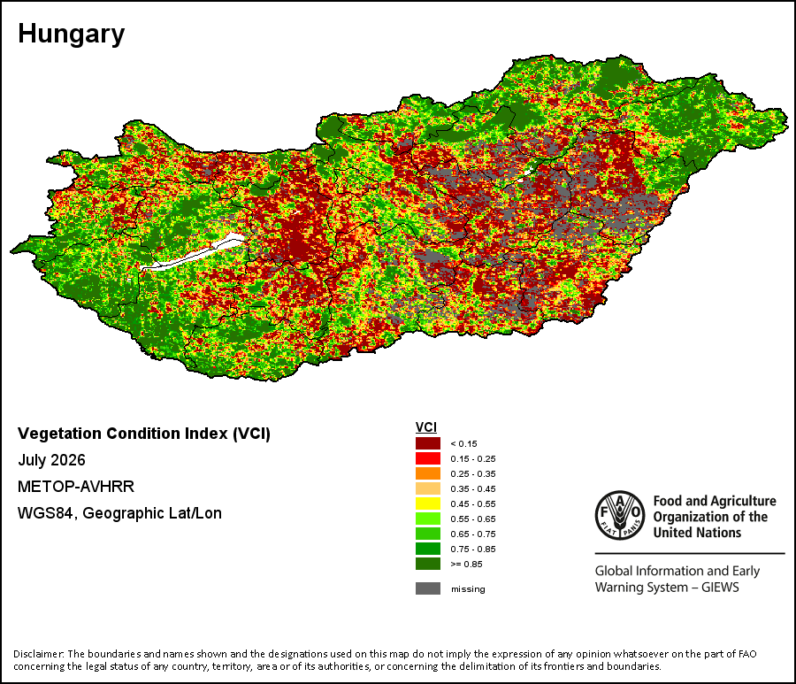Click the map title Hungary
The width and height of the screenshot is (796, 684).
click(x=71, y=35)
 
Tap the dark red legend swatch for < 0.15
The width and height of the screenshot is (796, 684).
click(x=428, y=443)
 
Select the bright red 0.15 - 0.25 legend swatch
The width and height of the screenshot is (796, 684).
click(x=428, y=458)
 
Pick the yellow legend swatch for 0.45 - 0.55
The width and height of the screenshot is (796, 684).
click(x=428, y=503)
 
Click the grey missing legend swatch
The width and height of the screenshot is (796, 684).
click(x=428, y=588)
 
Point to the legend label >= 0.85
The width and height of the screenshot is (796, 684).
click(x=466, y=565)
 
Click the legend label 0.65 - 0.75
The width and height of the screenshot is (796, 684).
click(x=473, y=534)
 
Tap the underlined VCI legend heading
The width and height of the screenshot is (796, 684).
click(x=426, y=427)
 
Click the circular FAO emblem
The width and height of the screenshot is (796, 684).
click(x=620, y=515)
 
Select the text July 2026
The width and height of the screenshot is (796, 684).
click(x=51, y=460)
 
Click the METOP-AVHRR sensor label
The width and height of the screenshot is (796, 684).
click(x=76, y=487)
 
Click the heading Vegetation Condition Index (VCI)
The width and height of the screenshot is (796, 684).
click(x=144, y=434)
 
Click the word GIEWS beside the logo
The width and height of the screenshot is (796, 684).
click(x=720, y=588)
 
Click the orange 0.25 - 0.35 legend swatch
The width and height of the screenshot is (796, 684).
click(x=428, y=473)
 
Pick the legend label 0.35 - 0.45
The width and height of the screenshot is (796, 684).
click(x=473, y=489)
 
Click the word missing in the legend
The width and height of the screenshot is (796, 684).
click(x=468, y=589)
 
